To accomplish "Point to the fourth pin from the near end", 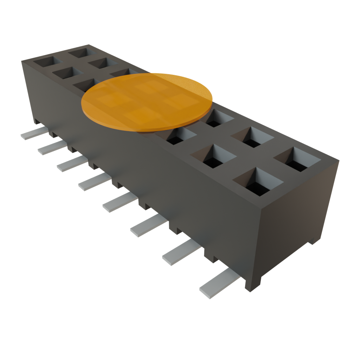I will tap(120, 204).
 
